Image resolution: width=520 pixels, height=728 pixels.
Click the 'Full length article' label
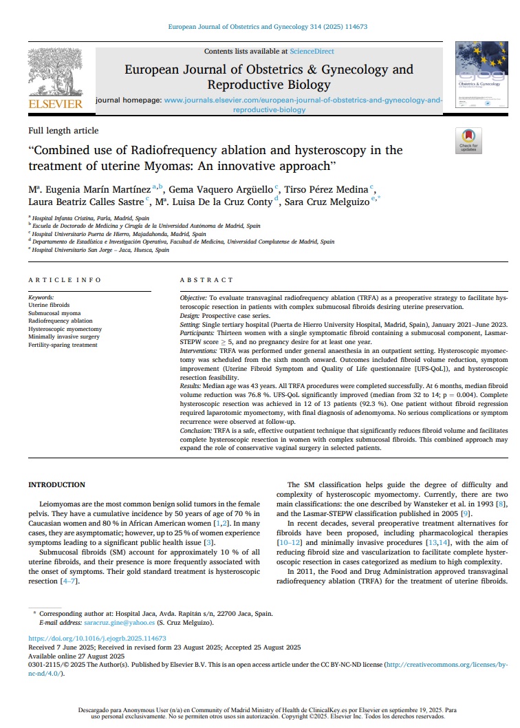[x=63, y=131]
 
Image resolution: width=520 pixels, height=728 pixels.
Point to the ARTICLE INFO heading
[x=65, y=280]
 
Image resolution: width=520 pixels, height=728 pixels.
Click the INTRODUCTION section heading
[x=57, y=485]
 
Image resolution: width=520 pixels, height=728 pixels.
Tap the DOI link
[x=97, y=639]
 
